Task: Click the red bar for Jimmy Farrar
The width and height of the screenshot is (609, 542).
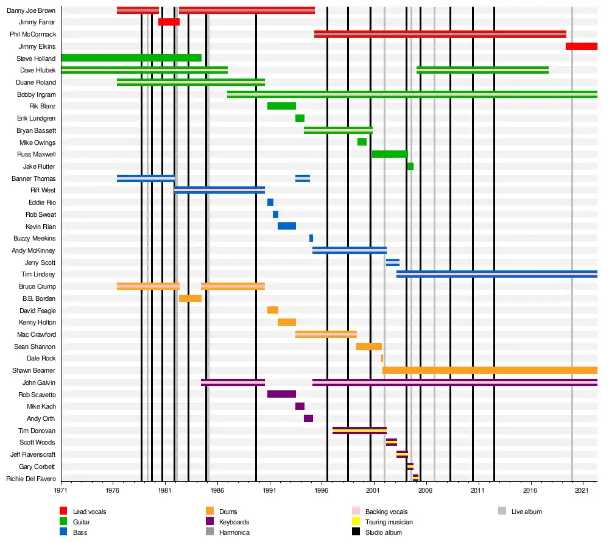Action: [x=169, y=22]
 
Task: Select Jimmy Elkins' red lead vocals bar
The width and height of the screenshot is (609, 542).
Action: [x=581, y=46]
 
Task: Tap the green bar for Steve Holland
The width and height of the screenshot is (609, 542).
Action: [x=131, y=58]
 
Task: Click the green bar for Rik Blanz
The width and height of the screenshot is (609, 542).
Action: [x=281, y=106]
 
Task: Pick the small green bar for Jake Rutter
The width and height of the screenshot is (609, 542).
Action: [x=410, y=166]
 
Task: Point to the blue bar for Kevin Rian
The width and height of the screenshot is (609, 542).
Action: [x=287, y=226]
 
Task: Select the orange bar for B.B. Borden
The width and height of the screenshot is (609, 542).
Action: [x=190, y=298]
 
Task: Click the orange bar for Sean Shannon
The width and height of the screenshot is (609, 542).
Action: [x=369, y=347]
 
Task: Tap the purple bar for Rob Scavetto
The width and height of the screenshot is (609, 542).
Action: [x=281, y=394]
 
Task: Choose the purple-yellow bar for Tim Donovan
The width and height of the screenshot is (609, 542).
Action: [x=359, y=431]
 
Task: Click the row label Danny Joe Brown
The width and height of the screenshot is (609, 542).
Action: [x=31, y=10]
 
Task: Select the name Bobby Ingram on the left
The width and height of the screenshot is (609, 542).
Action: [x=37, y=94]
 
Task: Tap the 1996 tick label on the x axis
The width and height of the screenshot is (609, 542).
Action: [x=322, y=490]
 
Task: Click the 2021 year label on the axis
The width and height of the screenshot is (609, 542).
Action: [x=583, y=490]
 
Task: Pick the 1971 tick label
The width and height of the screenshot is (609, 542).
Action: [x=61, y=490]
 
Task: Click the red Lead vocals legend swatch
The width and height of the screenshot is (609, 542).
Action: [x=63, y=511]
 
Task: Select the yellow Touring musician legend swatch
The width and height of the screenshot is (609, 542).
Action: [x=356, y=522]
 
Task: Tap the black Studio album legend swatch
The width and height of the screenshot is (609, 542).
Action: [x=356, y=532]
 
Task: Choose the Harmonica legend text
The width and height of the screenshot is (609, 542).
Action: [x=234, y=532]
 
